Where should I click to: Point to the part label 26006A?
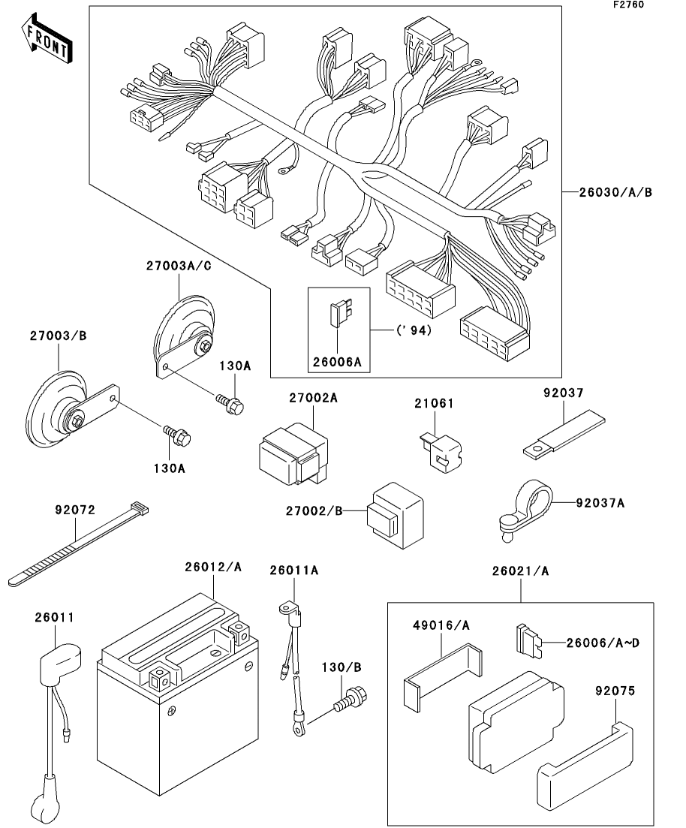coord(337,363)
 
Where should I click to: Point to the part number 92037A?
coord(600,502)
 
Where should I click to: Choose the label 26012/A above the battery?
coord(213,568)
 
